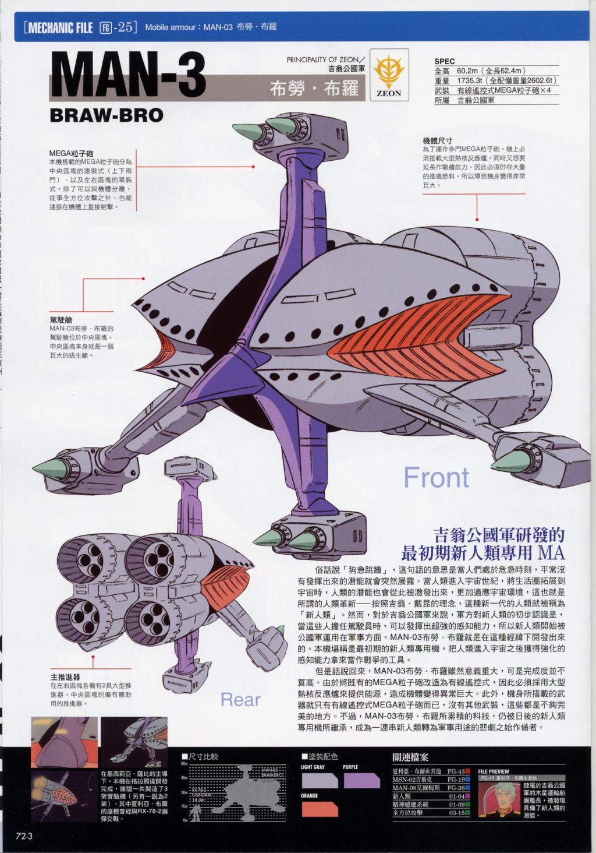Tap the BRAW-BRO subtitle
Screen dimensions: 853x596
(107, 115)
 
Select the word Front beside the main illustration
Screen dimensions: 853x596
(436, 477)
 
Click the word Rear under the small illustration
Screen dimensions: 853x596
(240, 699)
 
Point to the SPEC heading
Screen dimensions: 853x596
(445, 61)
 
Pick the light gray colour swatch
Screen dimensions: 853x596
(320, 780)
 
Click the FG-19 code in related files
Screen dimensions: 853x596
(456, 780)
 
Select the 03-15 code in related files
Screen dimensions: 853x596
(456, 813)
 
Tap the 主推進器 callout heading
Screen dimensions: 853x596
(65, 677)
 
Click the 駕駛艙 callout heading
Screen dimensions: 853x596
(61, 320)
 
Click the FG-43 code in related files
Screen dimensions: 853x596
(456, 771)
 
